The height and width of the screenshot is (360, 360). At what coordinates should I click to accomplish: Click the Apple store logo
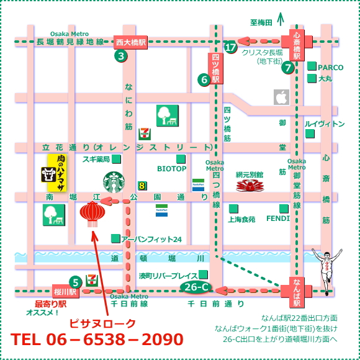coord(282,97)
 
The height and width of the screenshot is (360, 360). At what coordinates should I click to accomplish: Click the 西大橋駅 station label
coord(130,42)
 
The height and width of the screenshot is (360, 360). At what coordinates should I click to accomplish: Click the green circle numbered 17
coord(231,47)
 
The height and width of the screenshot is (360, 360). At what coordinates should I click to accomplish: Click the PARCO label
coord(330,66)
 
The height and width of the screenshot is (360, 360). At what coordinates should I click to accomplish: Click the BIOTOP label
coord(171,168)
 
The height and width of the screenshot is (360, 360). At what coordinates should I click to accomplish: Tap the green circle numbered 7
coord(287,68)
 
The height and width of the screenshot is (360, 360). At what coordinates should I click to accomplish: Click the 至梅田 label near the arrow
coord(261,22)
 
